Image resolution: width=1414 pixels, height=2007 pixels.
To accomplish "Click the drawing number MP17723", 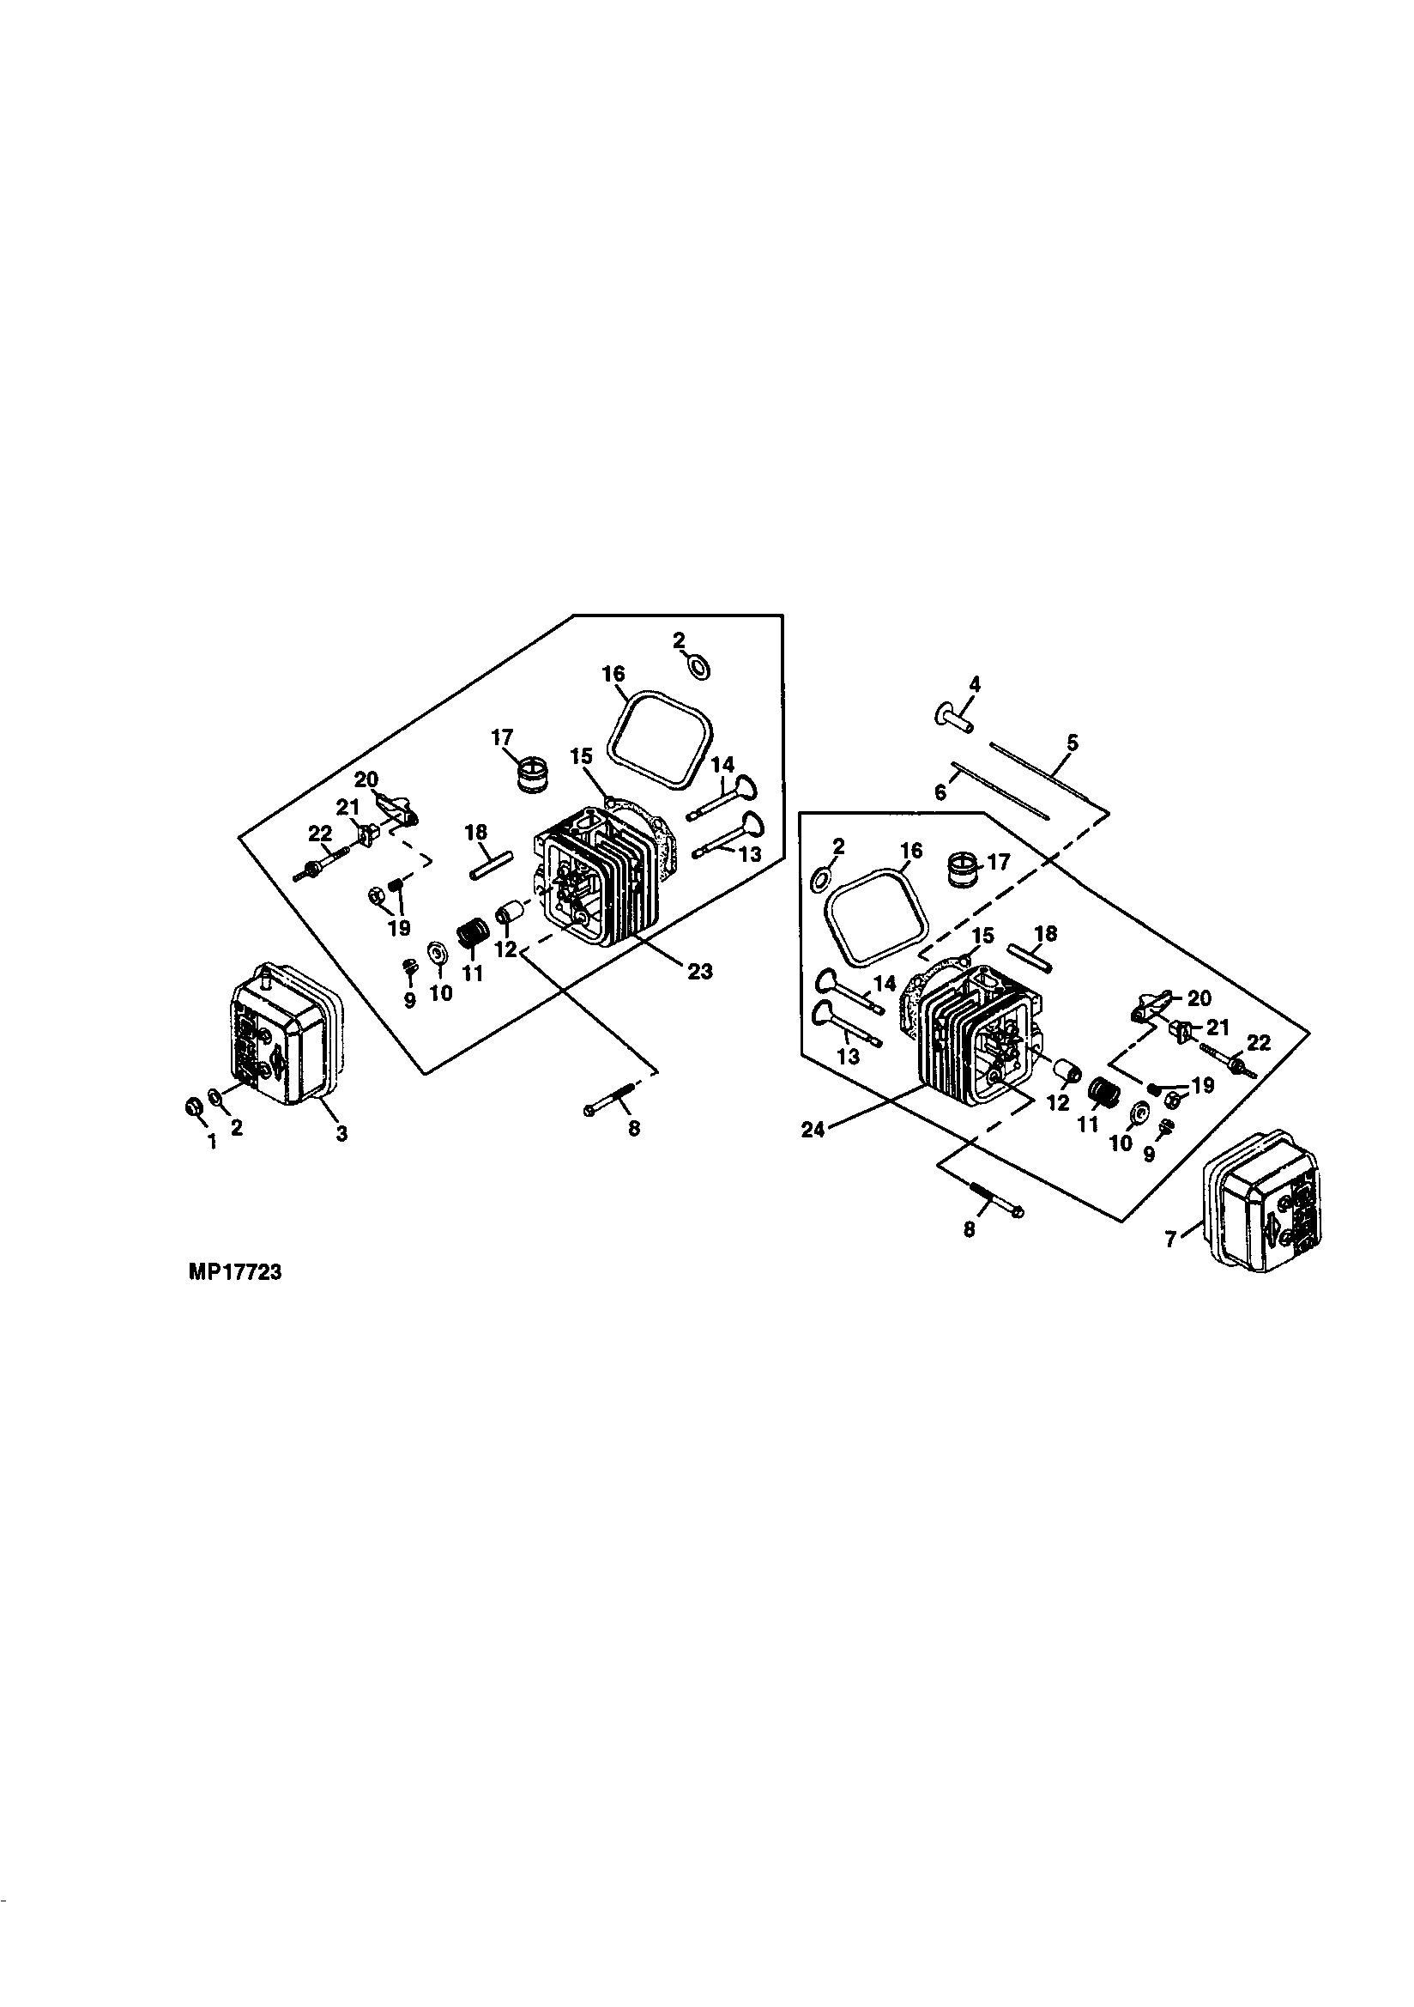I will [234, 1274].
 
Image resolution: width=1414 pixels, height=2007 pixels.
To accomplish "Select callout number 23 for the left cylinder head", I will [699, 971].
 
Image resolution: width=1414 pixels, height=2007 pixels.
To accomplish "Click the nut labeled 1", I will [194, 1108].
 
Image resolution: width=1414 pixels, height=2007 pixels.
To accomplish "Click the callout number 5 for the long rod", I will [1073, 743].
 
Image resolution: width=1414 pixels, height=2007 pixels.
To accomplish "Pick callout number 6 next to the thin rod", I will [940, 792].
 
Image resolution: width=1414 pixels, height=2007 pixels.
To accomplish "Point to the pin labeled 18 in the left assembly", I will [490, 870].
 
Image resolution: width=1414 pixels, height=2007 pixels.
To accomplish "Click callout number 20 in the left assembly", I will [366, 779].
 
